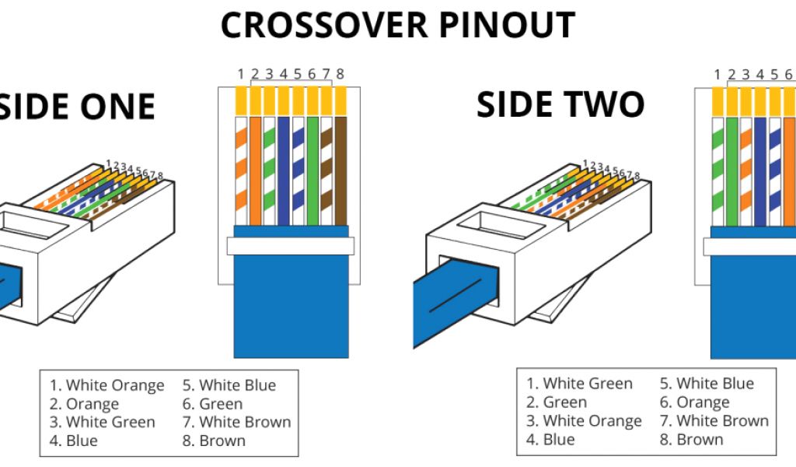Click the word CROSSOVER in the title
tap(326, 26)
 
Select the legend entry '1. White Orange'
tap(107, 385)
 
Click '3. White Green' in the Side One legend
tap(103, 422)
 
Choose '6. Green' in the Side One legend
tap(212, 404)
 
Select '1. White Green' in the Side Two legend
tap(580, 383)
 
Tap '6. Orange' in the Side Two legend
tap(694, 402)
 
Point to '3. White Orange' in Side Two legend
tap(584, 421)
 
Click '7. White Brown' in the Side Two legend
tap(714, 421)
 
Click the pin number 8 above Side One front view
tap(340, 75)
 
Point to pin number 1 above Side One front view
tap(241, 75)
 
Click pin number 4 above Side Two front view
tap(759, 75)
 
